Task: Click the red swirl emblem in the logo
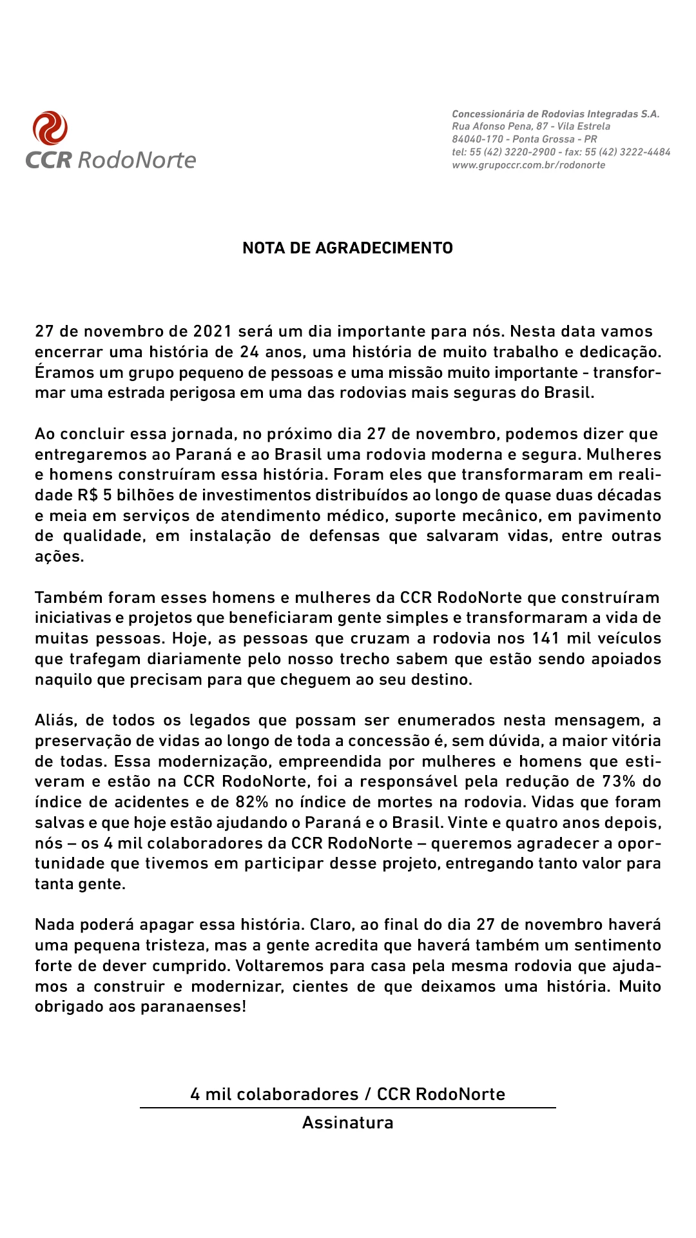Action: tap(50, 128)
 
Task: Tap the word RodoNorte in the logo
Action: tap(137, 160)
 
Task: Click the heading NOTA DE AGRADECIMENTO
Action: tap(347, 248)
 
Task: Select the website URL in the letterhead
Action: tap(528, 165)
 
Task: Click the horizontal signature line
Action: tap(347, 1108)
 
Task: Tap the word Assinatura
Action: tap(347, 1123)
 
